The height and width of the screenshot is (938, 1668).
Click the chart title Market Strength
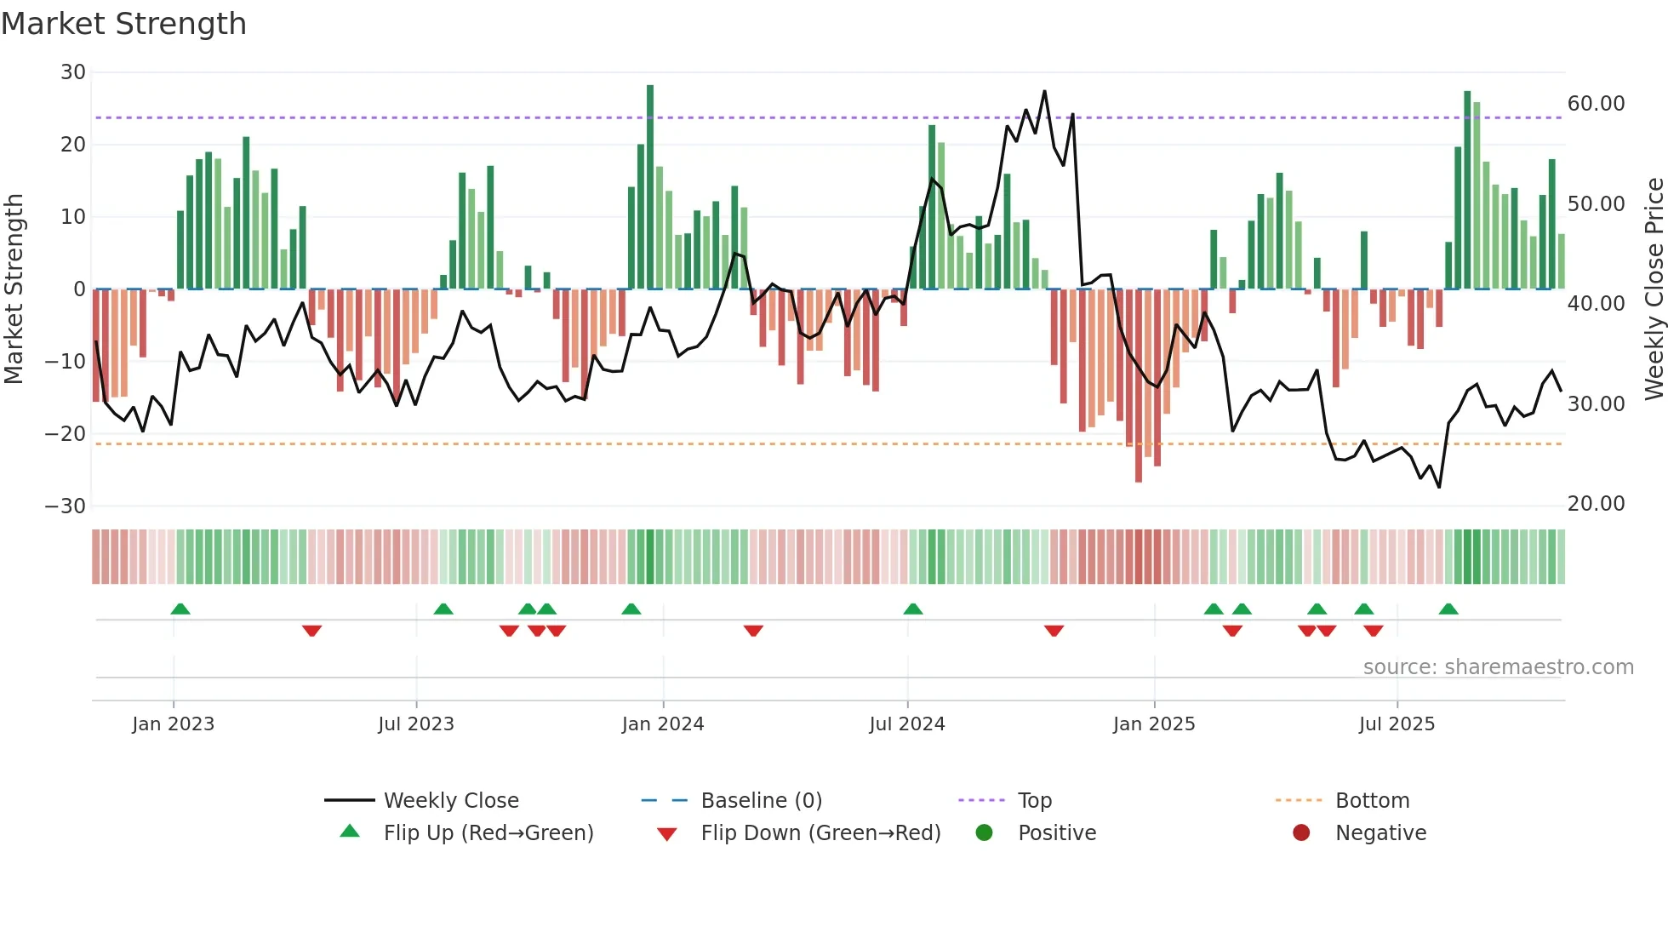click(123, 24)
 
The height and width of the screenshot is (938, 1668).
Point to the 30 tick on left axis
click(73, 72)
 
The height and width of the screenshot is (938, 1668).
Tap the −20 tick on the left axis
click(66, 434)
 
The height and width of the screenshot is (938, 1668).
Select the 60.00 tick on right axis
click(1596, 104)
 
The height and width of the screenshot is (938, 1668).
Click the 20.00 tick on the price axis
click(1596, 504)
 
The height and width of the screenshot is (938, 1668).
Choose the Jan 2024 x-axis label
click(663, 724)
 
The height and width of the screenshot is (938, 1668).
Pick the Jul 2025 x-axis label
click(1397, 724)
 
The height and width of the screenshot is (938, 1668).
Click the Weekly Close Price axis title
click(1654, 289)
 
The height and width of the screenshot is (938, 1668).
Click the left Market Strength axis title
click(14, 289)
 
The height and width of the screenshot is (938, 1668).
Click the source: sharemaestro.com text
click(1498, 667)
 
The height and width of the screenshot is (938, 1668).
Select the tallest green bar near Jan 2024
click(650, 187)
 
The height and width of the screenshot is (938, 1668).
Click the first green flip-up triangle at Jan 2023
click(180, 609)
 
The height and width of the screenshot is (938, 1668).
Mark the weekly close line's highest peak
click(1044, 92)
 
